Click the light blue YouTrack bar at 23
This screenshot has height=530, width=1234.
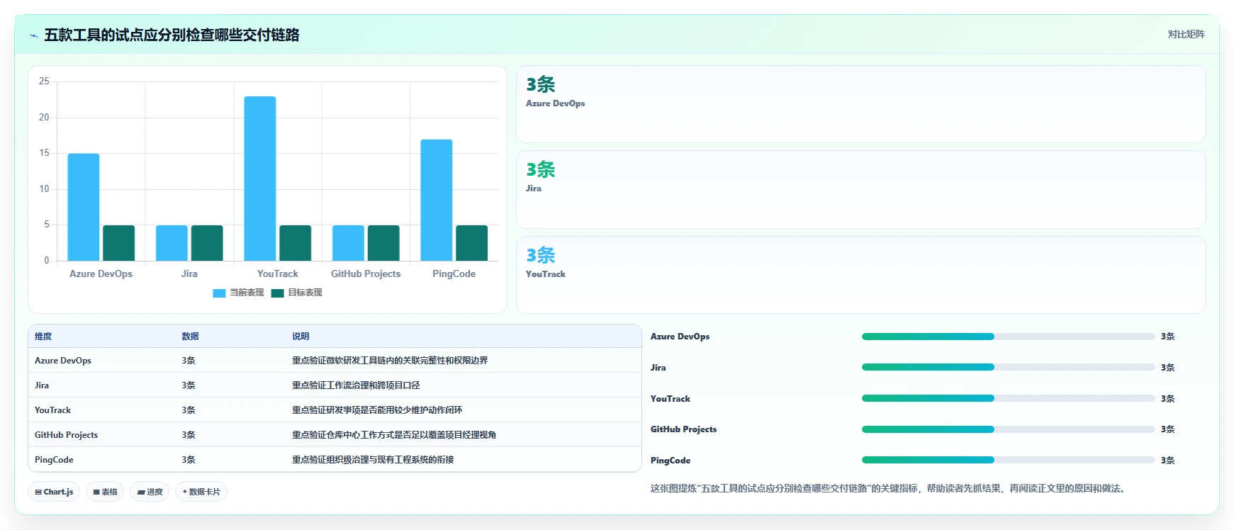tap(260, 179)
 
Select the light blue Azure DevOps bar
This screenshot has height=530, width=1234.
tap(84, 207)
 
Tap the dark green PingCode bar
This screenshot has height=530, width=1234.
tap(471, 243)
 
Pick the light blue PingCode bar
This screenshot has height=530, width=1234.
tap(437, 200)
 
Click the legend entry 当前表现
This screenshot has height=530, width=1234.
tap(238, 293)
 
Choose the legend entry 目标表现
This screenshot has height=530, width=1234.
tap(296, 293)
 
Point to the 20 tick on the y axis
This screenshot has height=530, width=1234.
tap(44, 117)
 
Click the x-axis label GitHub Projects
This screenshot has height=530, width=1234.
tap(366, 274)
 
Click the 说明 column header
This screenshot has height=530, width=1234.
tap(301, 336)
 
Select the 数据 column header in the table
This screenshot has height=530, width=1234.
tap(190, 336)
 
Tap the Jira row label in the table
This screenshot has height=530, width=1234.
tap(42, 385)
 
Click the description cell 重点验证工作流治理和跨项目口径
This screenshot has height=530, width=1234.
tap(356, 385)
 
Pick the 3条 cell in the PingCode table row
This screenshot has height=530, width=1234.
tap(189, 460)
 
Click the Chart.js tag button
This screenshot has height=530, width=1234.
tap(54, 492)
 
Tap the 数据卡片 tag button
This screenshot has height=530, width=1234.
tap(201, 492)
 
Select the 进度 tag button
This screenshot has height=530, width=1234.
tap(150, 492)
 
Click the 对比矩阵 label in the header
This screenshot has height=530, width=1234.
tap(1187, 34)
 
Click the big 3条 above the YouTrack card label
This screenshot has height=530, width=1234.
tap(541, 255)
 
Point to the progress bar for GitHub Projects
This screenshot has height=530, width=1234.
tap(1009, 429)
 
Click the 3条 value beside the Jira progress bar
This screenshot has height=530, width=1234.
tap(1168, 368)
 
